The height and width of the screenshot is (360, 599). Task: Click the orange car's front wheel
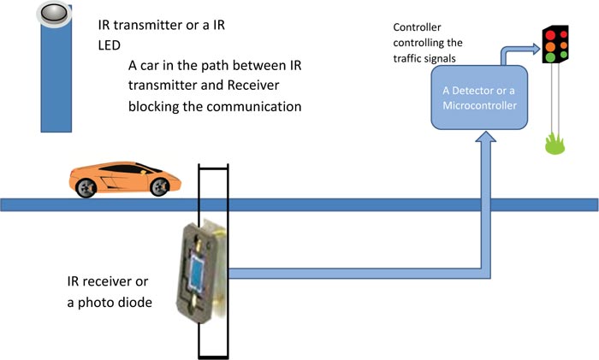point(158,187)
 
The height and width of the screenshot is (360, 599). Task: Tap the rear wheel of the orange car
point(86,189)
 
